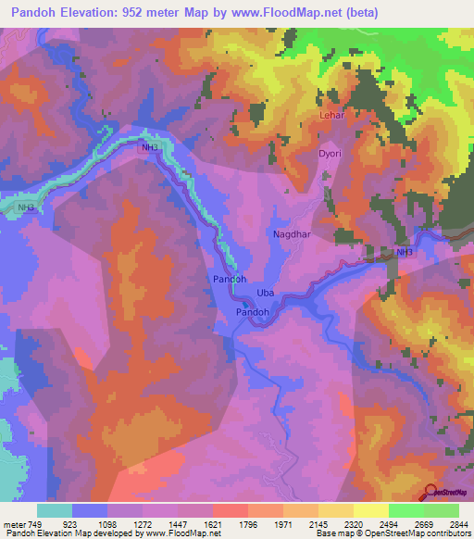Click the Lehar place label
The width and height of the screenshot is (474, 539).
pos(331,115)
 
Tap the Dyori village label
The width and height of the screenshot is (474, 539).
pos(330,154)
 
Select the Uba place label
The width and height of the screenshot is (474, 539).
pos(266,295)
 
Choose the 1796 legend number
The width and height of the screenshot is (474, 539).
pos(248,523)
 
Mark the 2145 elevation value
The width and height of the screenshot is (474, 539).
pos(318,523)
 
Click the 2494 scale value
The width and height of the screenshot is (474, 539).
pos(388,523)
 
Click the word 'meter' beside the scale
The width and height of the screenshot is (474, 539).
pos(16,523)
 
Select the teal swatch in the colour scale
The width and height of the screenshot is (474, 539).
pos(55,510)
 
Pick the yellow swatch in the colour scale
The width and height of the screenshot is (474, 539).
pos(370,510)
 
